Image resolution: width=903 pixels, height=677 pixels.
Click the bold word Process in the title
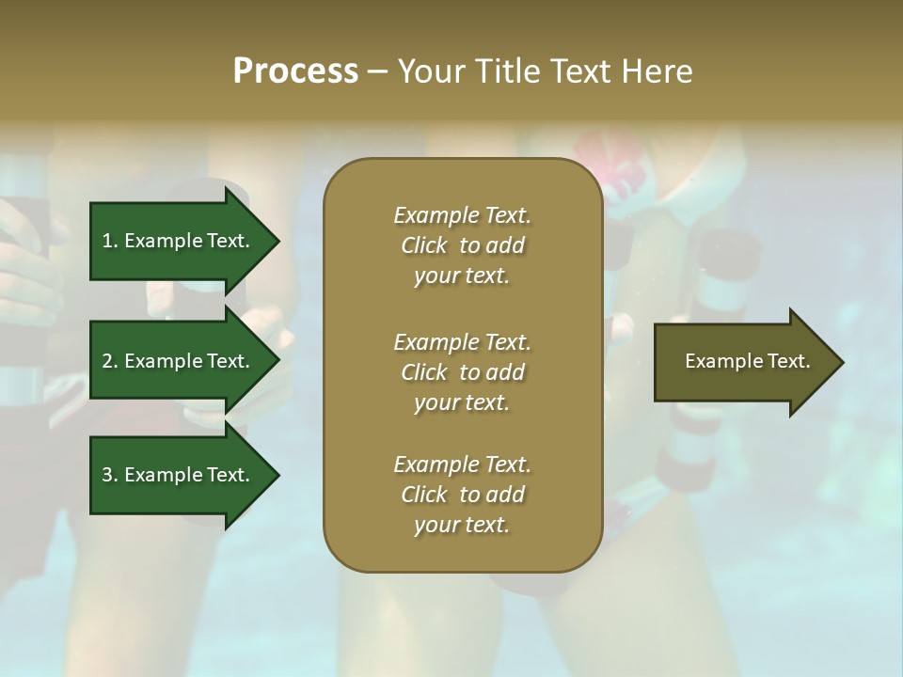pyautogui.click(x=295, y=71)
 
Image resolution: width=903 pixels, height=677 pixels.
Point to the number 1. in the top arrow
pyautogui.click(x=109, y=241)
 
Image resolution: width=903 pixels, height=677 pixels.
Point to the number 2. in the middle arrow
pyautogui.click(x=109, y=361)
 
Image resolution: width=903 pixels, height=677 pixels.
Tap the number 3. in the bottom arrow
pyautogui.click(x=109, y=475)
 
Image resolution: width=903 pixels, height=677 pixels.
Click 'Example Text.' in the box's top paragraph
pyautogui.click(x=462, y=215)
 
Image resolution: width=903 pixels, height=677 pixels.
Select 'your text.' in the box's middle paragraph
pyautogui.click(x=462, y=402)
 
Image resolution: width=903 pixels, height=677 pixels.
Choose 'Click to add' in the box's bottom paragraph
pyautogui.click(x=462, y=495)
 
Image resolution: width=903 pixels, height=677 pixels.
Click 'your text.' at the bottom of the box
pyautogui.click(x=462, y=526)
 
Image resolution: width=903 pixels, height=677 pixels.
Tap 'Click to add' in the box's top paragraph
pyautogui.click(x=462, y=245)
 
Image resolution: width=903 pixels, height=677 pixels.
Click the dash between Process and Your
pyautogui.click(x=377, y=72)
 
